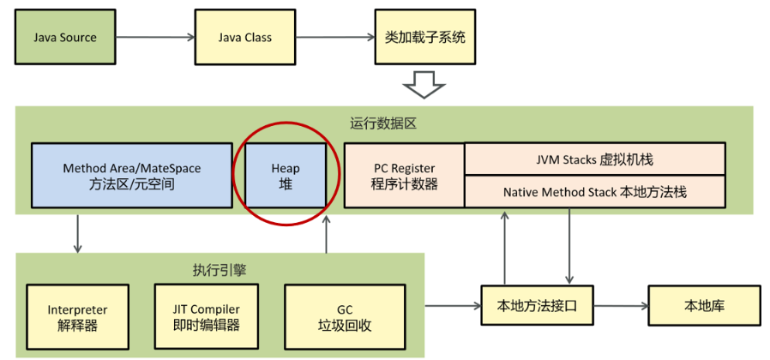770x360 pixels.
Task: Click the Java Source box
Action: [x=65, y=38]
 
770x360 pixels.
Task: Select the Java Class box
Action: [x=245, y=38]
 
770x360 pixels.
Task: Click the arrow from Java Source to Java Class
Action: [x=155, y=38]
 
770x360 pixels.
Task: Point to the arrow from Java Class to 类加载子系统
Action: [x=335, y=38]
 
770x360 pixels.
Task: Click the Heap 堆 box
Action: [x=286, y=176]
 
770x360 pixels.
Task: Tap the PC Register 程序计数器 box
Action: [x=404, y=176]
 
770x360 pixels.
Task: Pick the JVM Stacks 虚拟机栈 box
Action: [x=594, y=159]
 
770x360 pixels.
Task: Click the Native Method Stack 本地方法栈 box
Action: [x=594, y=192]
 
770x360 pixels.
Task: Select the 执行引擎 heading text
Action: [x=220, y=269]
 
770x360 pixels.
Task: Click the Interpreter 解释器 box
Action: [x=77, y=316]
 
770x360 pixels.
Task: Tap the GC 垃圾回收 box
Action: [x=345, y=316]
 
